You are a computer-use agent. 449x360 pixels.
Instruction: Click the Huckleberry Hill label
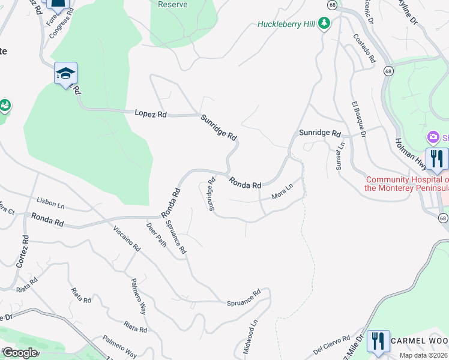[x=286, y=24]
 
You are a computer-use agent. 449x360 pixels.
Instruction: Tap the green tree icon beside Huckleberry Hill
[x=324, y=23]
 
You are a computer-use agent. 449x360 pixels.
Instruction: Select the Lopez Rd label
[x=151, y=113]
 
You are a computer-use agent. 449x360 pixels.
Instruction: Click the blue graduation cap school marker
[x=65, y=74]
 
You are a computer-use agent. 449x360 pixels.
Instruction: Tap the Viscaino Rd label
[x=127, y=239]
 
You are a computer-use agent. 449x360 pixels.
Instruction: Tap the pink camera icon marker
[x=432, y=138]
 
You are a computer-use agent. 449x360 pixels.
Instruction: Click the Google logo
[x=20, y=353]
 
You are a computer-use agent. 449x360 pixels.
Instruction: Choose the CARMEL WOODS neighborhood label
[x=420, y=340]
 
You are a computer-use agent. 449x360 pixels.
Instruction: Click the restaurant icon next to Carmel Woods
[x=378, y=340]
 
